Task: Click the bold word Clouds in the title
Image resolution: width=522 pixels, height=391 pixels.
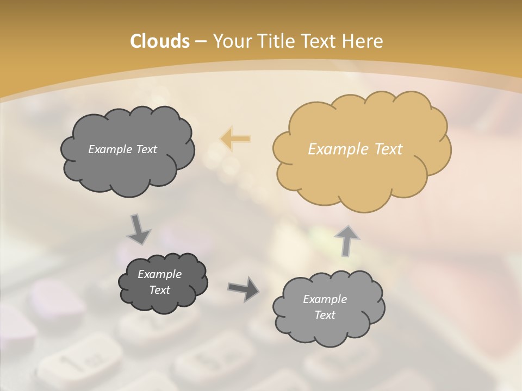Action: pos(159,41)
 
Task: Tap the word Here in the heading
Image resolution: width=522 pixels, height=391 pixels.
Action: pos(363,41)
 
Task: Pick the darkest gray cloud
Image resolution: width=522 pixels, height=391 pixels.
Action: pos(163,282)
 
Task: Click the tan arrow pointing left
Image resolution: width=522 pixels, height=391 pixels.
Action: pos(235,139)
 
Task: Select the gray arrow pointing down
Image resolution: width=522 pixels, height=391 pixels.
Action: pos(139,229)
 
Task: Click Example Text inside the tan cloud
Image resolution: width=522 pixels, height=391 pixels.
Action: pos(355,149)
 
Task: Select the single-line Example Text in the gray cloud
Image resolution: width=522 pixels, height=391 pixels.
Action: pos(122,149)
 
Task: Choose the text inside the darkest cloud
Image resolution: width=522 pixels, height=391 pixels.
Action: pos(159,282)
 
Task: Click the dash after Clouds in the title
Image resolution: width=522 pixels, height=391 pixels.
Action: pos(200,41)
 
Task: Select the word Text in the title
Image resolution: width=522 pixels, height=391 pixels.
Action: pos(320,41)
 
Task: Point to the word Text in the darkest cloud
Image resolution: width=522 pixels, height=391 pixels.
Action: pos(159,290)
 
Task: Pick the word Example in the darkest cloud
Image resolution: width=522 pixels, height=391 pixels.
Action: pos(159,274)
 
